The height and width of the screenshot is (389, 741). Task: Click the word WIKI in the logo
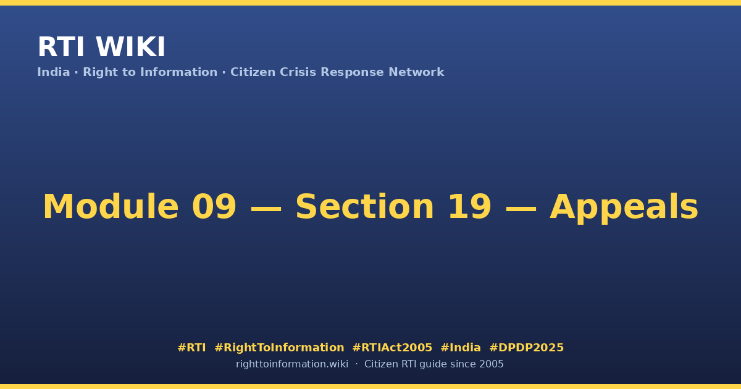click(x=130, y=47)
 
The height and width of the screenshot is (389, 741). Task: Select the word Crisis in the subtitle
click(x=298, y=72)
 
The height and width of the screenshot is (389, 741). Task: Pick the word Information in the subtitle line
click(x=178, y=72)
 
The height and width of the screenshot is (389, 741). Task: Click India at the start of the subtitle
click(x=54, y=72)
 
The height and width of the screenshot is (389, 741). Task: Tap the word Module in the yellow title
click(x=111, y=206)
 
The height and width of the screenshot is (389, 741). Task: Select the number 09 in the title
click(x=214, y=206)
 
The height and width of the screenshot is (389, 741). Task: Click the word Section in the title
click(x=364, y=206)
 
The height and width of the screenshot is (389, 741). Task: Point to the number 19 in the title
click(x=470, y=206)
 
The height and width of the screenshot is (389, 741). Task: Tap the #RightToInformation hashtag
click(x=279, y=348)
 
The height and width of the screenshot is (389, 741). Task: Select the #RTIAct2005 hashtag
click(x=392, y=348)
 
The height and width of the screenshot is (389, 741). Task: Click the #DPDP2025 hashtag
click(x=526, y=348)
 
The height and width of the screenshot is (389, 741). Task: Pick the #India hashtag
click(x=461, y=348)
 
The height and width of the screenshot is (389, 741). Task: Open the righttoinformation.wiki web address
click(x=292, y=364)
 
